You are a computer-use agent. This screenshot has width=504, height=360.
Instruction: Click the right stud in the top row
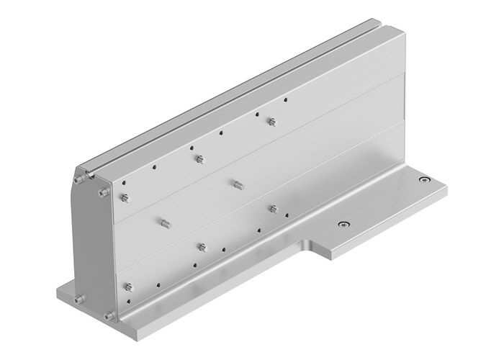pyautogui.click(x=271, y=121)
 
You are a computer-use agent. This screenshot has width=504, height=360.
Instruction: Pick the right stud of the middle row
pyautogui.click(x=236, y=183)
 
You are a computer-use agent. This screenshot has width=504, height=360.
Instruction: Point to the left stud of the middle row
pyautogui.click(x=163, y=222)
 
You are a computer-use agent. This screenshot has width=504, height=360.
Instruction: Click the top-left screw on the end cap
pyautogui.click(x=76, y=178)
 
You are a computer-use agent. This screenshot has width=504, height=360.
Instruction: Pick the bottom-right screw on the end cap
pyautogui.click(x=108, y=315)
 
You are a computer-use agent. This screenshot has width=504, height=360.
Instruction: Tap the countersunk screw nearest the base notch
pyautogui.click(x=344, y=224)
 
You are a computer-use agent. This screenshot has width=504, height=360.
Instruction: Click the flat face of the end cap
pyautogui.click(x=91, y=245)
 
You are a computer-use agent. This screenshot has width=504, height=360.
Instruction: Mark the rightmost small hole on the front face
pyautogui.click(x=286, y=100)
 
